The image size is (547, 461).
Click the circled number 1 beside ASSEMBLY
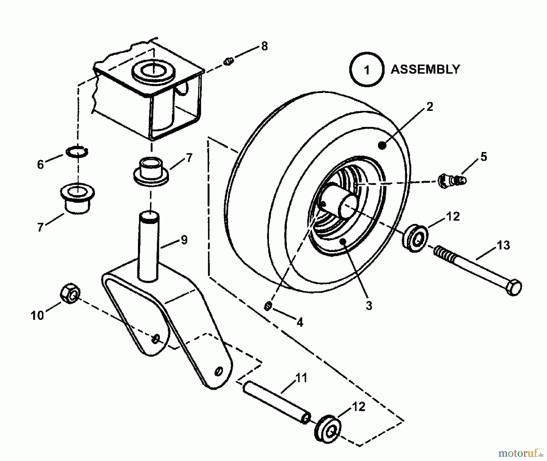pos(367,70)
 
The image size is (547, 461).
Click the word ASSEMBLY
pos(425,70)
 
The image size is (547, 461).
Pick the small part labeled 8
pos(229,62)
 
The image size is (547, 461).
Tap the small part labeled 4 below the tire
pos(267,306)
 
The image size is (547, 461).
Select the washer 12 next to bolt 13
pos(415,238)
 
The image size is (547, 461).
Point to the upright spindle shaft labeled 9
pos(149,246)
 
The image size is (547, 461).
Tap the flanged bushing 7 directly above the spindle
pos(151,172)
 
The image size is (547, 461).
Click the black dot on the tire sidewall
pos(383,146)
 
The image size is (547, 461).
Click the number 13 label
pos(503,245)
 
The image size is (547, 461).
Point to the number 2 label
pos(429,107)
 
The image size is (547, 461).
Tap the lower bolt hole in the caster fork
pos(218,371)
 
